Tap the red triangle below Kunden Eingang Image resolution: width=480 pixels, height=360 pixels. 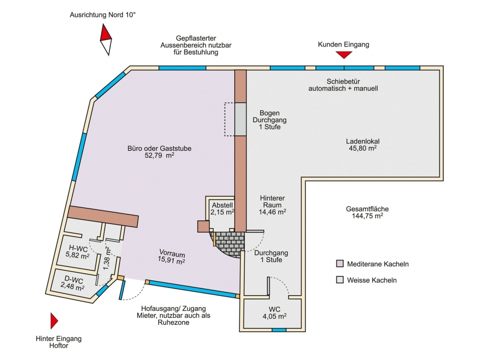tap(344, 55)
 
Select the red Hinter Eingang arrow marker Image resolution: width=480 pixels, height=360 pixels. tap(54, 321)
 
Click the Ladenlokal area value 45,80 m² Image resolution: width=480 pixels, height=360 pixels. tap(363, 148)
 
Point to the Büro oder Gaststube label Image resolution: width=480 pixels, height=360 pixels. tap(159, 148)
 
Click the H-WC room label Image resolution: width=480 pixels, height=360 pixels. tap(78, 248)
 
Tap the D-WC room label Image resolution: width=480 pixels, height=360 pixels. tap(73, 280)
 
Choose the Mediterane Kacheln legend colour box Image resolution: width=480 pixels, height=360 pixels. tap(340, 264)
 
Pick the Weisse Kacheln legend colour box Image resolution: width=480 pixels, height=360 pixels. tap(340, 280)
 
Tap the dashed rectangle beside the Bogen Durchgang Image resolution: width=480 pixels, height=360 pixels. tap(230, 119)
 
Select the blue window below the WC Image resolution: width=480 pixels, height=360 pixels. tap(279, 330)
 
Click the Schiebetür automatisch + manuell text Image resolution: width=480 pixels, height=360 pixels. tap(343, 85)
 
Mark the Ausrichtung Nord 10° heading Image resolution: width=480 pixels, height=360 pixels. tap(103, 15)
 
